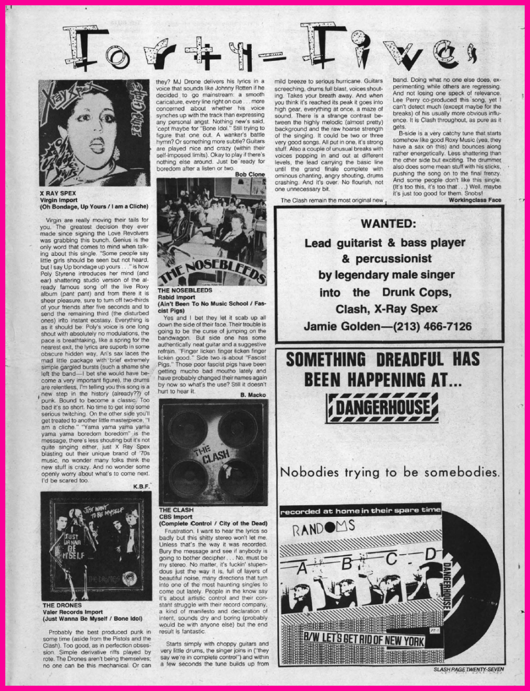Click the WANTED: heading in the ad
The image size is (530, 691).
click(388, 223)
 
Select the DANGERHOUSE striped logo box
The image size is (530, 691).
click(382, 408)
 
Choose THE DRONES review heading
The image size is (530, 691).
click(62, 605)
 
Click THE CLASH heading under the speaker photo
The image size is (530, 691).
click(176, 510)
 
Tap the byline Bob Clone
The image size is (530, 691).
click(250, 174)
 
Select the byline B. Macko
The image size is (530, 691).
click(252, 394)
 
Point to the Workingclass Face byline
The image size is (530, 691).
click(474, 200)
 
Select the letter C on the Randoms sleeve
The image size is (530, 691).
click(391, 559)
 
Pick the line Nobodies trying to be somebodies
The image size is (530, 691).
click(389, 472)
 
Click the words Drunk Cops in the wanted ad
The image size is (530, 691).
click(414, 293)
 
